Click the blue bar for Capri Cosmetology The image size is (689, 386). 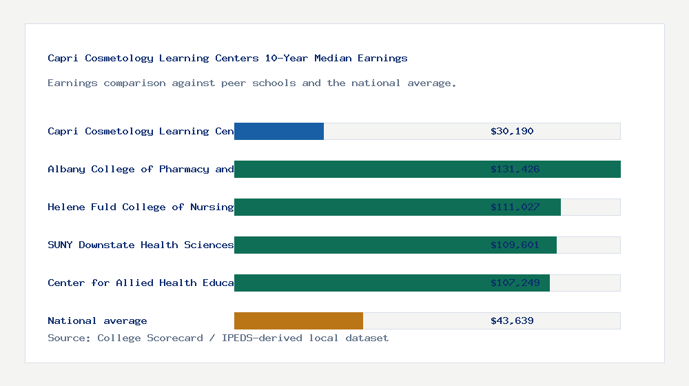pyautogui.click(x=279, y=131)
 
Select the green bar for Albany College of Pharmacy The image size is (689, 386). pyautogui.click(x=427, y=169)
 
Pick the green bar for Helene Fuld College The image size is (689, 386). pyautogui.click(x=398, y=207)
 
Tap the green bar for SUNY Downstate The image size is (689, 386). pyautogui.click(x=395, y=245)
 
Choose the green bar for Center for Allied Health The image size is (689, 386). pyautogui.click(x=392, y=283)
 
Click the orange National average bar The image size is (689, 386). pyautogui.click(x=298, y=321)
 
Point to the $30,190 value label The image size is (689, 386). pyautogui.click(x=512, y=131)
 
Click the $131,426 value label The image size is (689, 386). pyautogui.click(x=515, y=169)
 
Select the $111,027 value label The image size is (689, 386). pyautogui.click(x=515, y=207)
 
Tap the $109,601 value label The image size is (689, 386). pyautogui.click(x=515, y=245)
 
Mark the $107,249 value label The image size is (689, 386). pyautogui.click(x=515, y=283)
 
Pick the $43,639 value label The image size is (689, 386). pyautogui.click(x=512, y=321)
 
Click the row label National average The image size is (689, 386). pyautogui.click(x=97, y=321)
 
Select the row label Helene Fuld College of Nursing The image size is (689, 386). pyautogui.click(x=141, y=207)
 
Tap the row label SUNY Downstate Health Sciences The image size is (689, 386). pyautogui.click(x=141, y=245)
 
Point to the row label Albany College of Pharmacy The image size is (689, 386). pyautogui.click(x=141, y=169)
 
